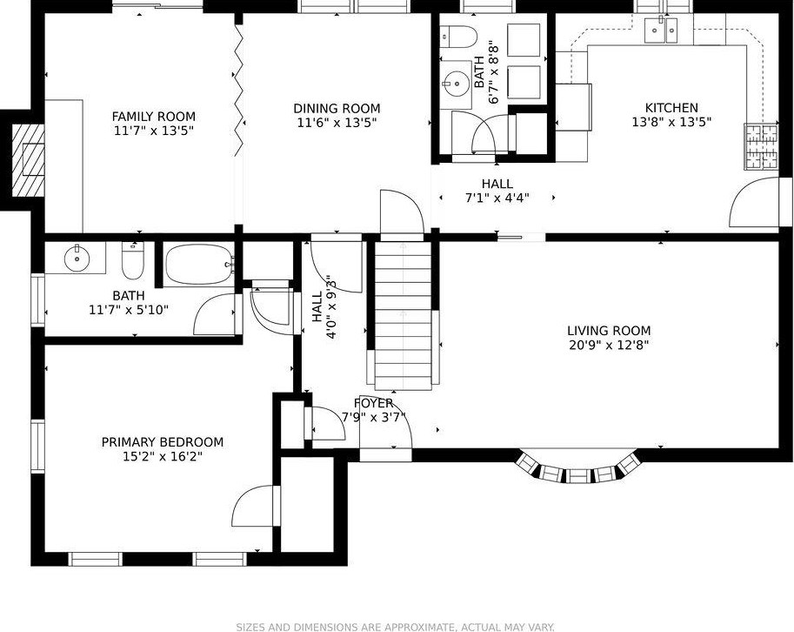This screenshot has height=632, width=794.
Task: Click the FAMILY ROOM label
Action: tap(153, 117)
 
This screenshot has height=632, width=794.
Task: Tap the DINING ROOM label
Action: tap(337, 109)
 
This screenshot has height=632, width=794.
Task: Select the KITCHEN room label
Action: tap(671, 108)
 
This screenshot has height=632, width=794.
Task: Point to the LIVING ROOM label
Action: tap(609, 331)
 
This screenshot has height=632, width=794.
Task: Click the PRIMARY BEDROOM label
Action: tap(163, 442)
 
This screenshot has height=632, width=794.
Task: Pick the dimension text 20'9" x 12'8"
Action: tap(609, 346)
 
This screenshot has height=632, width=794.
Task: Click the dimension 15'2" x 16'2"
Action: tap(163, 457)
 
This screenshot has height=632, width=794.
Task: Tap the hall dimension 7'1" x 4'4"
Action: tap(497, 198)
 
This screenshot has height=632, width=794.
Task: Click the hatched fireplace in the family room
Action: tap(29, 159)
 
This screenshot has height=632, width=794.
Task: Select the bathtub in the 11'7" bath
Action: tap(200, 264)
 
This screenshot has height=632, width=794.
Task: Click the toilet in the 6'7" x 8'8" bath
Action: tap(458, 37)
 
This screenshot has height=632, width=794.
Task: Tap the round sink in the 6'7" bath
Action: tap(456, 83)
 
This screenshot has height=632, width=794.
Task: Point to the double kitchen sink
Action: tap(661, 30)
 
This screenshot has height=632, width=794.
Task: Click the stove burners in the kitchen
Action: tap(761, 146)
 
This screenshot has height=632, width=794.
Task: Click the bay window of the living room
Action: tap(577, 469)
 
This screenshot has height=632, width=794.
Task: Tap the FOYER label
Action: tap(374, 403)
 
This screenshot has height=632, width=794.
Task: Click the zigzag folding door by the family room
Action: tap(239, 89)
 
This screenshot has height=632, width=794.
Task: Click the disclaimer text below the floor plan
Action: tap(397, 627)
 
